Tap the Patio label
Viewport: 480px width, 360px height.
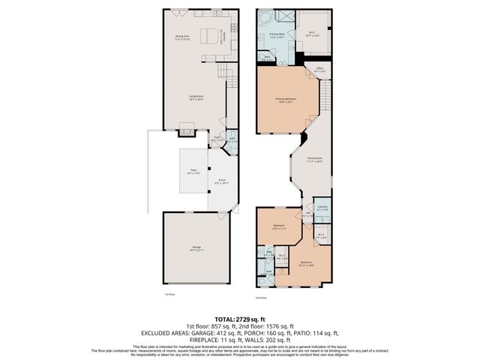point(193,172)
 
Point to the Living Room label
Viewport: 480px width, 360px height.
point(196,97)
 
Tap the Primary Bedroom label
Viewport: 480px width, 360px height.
point(286,100)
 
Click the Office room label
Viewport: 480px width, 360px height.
point(319,69)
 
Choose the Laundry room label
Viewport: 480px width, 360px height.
point(322,208)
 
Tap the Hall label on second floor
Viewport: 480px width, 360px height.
point(307,214)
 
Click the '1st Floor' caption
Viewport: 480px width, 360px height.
point(169,295)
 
